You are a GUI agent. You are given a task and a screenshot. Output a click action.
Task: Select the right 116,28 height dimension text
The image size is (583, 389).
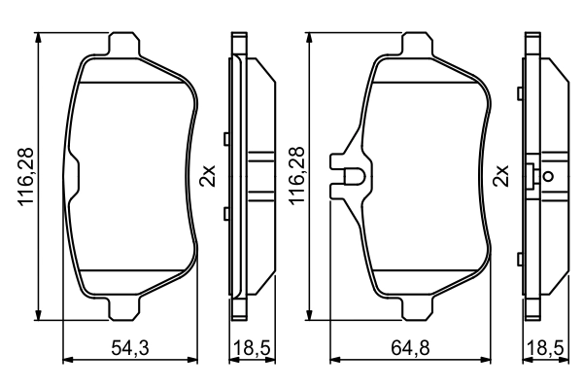(x=298, y=177)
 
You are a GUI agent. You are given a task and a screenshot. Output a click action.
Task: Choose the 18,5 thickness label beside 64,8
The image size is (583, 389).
(x=545, y=348)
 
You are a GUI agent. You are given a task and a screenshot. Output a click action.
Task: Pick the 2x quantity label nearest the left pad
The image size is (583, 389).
(x=206, y=176)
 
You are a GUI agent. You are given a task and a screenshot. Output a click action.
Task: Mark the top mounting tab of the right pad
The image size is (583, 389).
(x=419, y=44)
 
